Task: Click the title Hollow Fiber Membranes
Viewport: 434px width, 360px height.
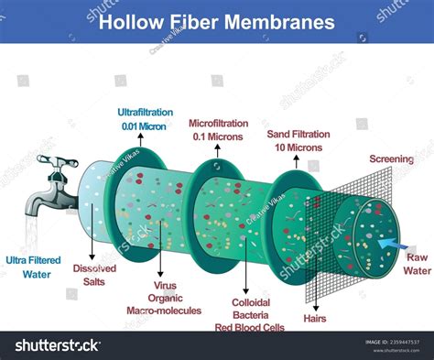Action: coord(217,21)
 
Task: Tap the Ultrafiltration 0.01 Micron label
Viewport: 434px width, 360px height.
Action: coord(142,119)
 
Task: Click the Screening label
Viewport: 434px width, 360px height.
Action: coord(391,159)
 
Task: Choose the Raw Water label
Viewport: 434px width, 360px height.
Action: coord(418,264)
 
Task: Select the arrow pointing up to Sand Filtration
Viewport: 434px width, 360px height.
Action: coord(297,162)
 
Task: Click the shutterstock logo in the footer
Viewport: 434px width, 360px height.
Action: coord(57,345)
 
